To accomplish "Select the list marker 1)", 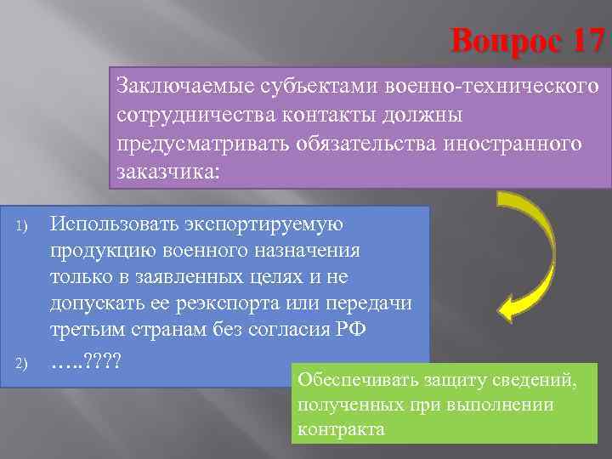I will click(x=24, y=227).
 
